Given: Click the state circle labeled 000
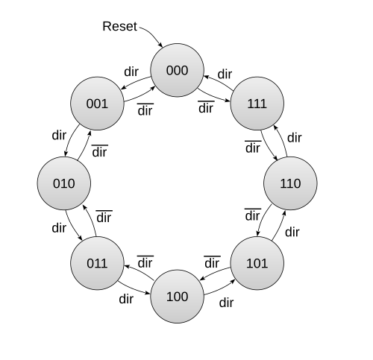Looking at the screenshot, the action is point(177,70).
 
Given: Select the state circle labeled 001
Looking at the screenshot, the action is point(97,104).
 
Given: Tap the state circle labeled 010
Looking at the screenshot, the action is point(64,183).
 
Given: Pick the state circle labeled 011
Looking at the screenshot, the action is point(97,263).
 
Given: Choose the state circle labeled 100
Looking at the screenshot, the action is point(177,297).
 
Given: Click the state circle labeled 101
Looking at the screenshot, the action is point(257,263).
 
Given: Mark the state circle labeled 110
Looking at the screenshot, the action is point(290,183).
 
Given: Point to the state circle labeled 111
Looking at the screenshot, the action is point(257,104).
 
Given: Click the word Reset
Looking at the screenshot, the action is point(119,26).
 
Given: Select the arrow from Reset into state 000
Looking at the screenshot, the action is point(153,34).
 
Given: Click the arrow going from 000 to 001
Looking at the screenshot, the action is point(136,82).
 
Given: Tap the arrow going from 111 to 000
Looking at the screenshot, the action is point(219,81).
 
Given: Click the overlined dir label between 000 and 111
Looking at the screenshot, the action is point(206,107).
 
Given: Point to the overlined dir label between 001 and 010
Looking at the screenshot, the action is point(100,151).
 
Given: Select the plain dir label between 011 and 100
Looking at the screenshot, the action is point(126,299).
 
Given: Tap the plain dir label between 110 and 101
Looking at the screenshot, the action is point(292,232).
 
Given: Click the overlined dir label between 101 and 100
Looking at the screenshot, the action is point(212,262).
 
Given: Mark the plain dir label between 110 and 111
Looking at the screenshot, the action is point(295,137).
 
